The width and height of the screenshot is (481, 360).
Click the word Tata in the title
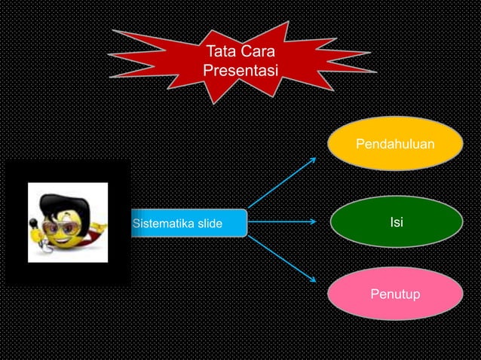pos(219,53)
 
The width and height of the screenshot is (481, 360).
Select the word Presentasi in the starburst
pos(240,71)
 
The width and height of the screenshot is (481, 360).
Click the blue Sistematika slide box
pos(188,223)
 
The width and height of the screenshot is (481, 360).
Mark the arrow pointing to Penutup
pos(283,258)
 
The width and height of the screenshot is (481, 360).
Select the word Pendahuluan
pos(395,143)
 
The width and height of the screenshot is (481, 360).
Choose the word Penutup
pos(396,293)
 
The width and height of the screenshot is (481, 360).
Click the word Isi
pos(396,222)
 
